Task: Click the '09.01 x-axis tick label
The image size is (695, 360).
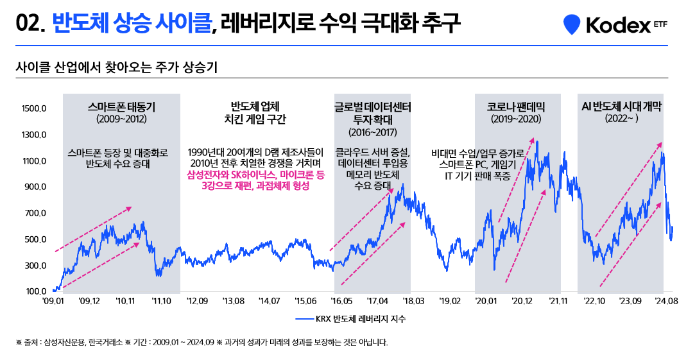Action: pyautogui.click(x=54, y=301)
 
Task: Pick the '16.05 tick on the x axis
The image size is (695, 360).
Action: pyautogui.click(x=341, y=301)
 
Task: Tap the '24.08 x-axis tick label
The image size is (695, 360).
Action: pyautogui.click(x=666, y=301)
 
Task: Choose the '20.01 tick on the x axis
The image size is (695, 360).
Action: pyautogui.click(x=486, y=301)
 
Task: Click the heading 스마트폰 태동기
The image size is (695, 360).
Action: pyautogui.click(x=121, y=107)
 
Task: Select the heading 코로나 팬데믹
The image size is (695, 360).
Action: pyautogui.click(x=516, y=107)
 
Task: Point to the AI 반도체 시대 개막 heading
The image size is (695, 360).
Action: pyautogui.click(x=621, y=106)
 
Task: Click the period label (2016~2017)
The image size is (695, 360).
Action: pyautogui.click(x=373, y=132)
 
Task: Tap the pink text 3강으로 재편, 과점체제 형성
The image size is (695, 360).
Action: pyautogui.click(x=255, y=186)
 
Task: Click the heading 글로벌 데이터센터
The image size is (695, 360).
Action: pyautogui.click(x=373, y=107)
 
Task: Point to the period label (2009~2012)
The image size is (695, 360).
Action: pyautogui.click(x=121, y=119)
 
